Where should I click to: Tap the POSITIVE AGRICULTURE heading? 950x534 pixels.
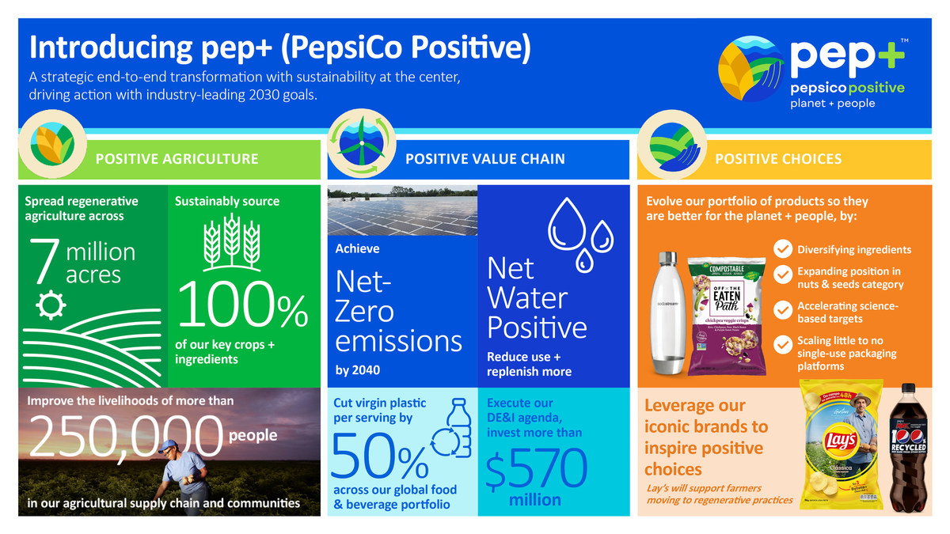177,158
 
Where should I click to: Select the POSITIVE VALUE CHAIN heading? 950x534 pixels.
485,158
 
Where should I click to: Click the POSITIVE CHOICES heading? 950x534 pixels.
778,158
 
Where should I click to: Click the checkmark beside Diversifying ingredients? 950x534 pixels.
782,249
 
